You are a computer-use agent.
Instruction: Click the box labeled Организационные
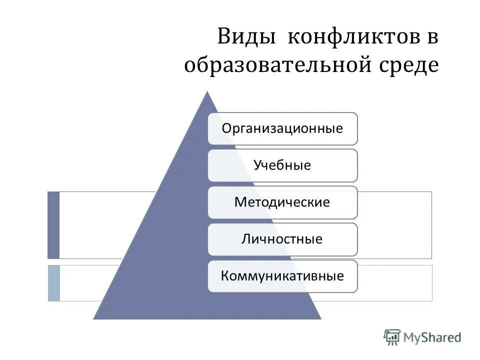tap(282, 128)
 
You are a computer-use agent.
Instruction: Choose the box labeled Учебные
tap(282, 165)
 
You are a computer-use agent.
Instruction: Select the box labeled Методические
tap(282, 202)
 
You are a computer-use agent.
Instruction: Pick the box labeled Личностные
tap(282, 239)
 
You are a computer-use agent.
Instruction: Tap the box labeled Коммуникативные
tap(282, 276)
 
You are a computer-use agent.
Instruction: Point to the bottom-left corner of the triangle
tap(94, 318)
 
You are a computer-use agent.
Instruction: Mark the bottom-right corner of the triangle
tap(320, 318)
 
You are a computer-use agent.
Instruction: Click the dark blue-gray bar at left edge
tap(53, 225)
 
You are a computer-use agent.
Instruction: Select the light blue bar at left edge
tap(53, 283)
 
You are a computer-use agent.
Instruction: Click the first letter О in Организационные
tap(227, 128)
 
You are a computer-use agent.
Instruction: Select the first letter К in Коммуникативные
tap(225, 276)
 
